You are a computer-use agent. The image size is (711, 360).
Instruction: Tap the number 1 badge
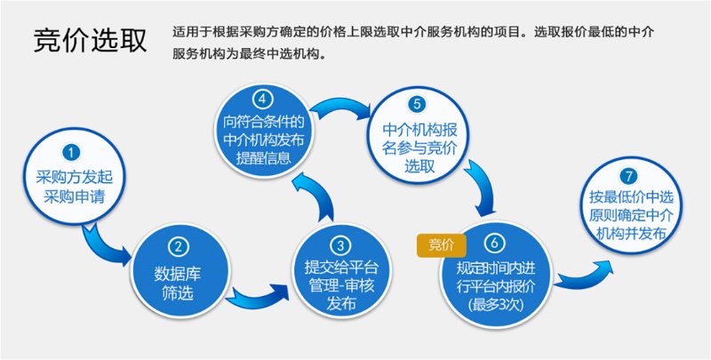coord(73,153)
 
